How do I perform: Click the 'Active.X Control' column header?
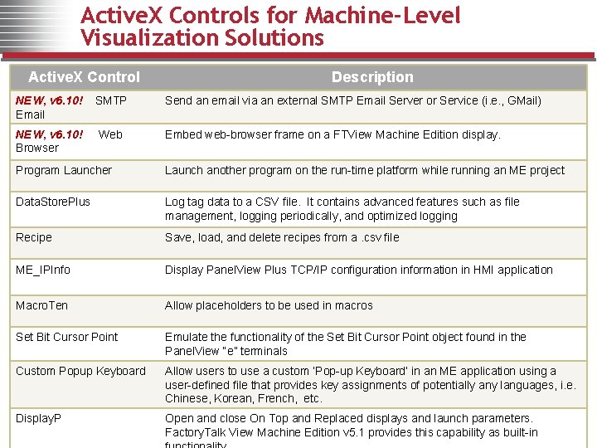pos(84,77)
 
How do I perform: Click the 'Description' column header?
pos(372,77)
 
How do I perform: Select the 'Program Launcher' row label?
pos(64,170)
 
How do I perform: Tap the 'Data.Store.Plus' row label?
pos(53,202)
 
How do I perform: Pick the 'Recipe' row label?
pos(34,237)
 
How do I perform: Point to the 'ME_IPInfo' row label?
pos(43,270)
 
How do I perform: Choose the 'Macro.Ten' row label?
pos(42,305)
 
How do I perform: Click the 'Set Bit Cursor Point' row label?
pos(67,337)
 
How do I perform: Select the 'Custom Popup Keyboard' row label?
pos(80,371)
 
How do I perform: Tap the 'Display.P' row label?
pos(39,418)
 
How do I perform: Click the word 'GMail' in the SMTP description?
pos(522,100)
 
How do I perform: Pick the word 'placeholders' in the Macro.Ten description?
pos(230,305)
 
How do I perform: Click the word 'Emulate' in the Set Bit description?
pos(187,337)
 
